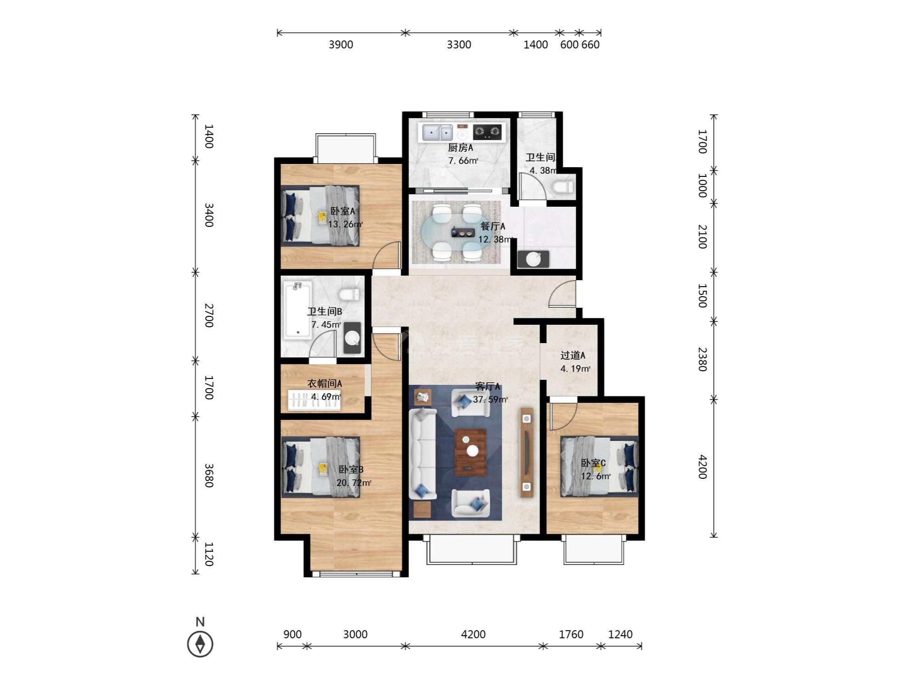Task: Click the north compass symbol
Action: pyautogui.click(x=200, y=644)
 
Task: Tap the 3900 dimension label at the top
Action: pyautogui.click(x=341, y=45)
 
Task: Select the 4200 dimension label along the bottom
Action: pyautogui.click(x=473, y=634)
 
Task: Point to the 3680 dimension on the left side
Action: pyautogui.click(x=209, y=475)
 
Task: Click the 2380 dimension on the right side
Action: pyautogui.click(x=702, y=359)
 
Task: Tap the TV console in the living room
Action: pyautogui.click(x=527, y=452)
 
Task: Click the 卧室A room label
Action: pyautogui.click(x=343, y=211)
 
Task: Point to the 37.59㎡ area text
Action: pyautogui.click(x=490, y=399)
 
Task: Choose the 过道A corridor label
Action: pyautogui.click(x=573, y=355)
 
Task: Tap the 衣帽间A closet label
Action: pyautogui.click(x=324, y=383)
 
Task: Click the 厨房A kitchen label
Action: pyautogui.click(x=460, y=147)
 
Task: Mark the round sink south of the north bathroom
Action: pyautogui.click(x=533, y=260)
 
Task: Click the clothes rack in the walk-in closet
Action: pyautogui.click(x=314, y=399)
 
